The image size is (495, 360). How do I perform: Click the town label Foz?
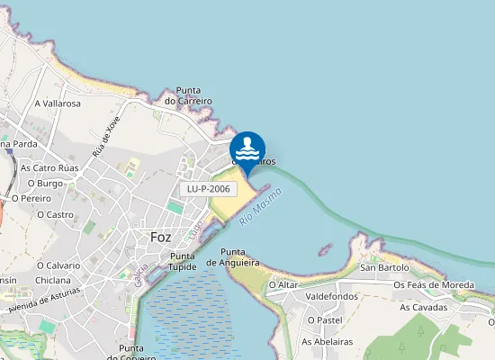point(161,238)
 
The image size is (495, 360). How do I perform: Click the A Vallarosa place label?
point(58,103)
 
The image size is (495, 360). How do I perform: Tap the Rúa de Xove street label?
point(106,136)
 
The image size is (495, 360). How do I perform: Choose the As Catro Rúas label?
point(49,167)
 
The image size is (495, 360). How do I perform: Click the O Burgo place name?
point(44,184)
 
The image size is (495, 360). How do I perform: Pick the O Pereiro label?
point(31,198)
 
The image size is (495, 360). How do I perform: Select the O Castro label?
point(55,214)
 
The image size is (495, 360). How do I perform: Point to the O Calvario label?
point(58,265)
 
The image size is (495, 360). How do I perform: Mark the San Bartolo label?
point(384,267)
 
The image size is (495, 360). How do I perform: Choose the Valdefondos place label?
point(332,296)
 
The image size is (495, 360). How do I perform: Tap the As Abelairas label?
point(327,341)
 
